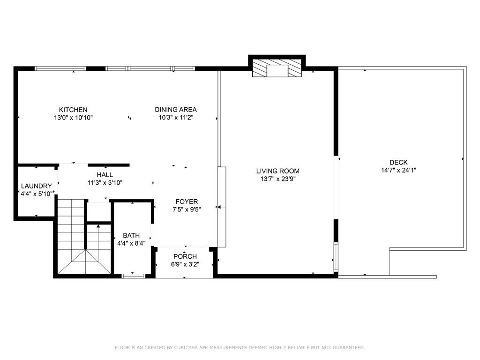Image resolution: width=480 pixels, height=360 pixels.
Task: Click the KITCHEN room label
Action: pyautogui.click(x=73, y=110)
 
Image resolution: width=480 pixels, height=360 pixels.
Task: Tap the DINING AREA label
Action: pyautogui.click(x=176, y=110)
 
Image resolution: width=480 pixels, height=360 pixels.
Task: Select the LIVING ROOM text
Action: pyautogui.click(x=277, y=171)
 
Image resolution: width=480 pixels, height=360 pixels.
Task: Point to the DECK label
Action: pyautogui.click(x=398, y=163)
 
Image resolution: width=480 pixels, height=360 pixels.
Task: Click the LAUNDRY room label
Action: pyautogui.click(x=36, y=186)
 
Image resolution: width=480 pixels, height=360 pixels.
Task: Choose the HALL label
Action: pyautogui.click(x=105, y=175)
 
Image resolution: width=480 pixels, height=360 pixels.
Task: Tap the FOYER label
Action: pyautogui.click(x=187, y=202)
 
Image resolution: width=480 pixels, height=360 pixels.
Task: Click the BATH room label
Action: pyautogui.click(x=131, y=235)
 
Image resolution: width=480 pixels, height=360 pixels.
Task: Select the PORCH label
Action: pyautogui.click(x=185, y=256)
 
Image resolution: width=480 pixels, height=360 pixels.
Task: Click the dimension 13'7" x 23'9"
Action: pyautogui.click(x=277, y=179)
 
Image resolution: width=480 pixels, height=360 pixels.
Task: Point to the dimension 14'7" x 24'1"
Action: pyautogui.click(x=398, y=170)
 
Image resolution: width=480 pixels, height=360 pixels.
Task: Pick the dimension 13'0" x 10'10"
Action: pyautogui.click(x=73, y=118)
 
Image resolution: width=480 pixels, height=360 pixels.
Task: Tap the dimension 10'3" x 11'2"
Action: pyautogui.click(x=176, y=118)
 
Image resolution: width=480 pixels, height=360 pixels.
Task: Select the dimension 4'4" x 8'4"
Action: pyautogui.click(x=131, y=243)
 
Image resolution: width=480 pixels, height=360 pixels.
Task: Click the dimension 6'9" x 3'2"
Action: pyautogui.click(x=185, y=264)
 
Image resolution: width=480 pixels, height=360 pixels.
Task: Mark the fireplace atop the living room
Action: pyautogui.click(x=277, y=68)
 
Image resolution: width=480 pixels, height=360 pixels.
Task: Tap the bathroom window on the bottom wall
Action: pyautogui.click(x=133, y=276)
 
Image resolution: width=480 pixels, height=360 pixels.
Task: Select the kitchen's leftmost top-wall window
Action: pyautogui.click(x=60, y=68)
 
